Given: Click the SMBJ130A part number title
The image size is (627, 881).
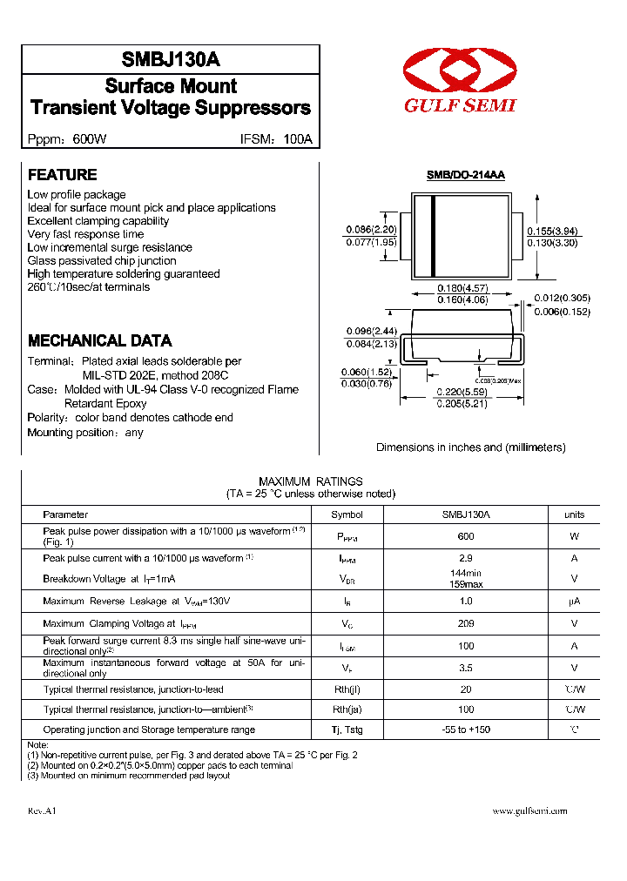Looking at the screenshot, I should [171, 60].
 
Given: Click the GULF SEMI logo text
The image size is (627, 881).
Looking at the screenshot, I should [459, 105].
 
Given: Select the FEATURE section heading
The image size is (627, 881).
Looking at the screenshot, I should [62, 175].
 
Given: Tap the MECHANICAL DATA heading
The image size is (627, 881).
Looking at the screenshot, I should [99, 341].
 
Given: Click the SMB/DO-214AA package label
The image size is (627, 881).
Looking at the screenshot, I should [465, 175].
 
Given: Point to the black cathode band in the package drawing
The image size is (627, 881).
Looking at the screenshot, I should [433, 235].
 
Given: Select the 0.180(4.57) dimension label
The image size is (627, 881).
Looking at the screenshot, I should [462, 288].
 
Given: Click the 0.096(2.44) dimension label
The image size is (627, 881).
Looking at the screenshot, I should [372, 331].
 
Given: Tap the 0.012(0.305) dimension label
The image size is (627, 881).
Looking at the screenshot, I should [562, 298].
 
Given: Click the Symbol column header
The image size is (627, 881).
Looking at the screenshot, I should [347, 514].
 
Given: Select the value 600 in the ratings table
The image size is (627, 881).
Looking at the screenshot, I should [466, 537].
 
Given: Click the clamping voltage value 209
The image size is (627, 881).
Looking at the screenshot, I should [466, 624].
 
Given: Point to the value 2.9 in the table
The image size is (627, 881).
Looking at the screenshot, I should [466, 558].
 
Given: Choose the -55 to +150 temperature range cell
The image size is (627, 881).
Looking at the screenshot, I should [466, 730].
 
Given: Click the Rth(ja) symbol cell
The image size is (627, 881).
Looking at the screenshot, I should [347, 710].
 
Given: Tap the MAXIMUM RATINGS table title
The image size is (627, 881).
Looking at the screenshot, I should [311, 481].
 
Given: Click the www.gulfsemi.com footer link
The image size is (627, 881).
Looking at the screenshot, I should [529, 810].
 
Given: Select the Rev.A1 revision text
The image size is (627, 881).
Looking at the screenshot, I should [42, 810].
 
